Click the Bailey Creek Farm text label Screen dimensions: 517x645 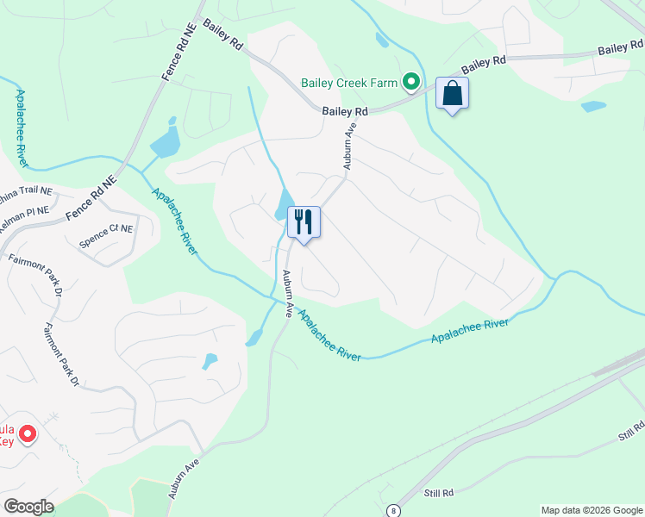(x=348, y=84)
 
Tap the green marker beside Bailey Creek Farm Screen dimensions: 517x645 (x=412, y=83)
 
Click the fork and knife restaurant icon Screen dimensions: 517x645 (x=303, y=222)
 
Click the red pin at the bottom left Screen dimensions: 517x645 (x=27, y=433)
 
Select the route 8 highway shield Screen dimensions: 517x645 (x=393, y=510)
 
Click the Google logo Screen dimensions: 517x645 (x=28, y=507)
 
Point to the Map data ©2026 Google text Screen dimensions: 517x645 (x=591, y=510)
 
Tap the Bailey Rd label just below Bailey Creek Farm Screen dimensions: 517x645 (x=345, y=111)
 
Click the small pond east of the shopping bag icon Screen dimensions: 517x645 (x=593, y=107)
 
